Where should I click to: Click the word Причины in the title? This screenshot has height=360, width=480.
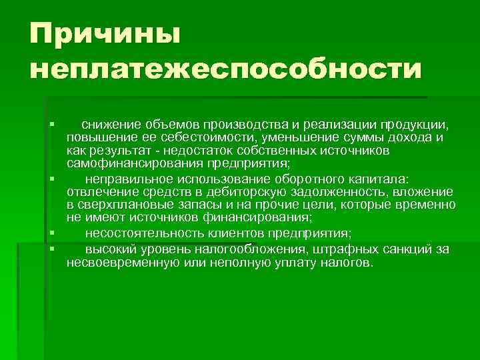pos(105,33)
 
